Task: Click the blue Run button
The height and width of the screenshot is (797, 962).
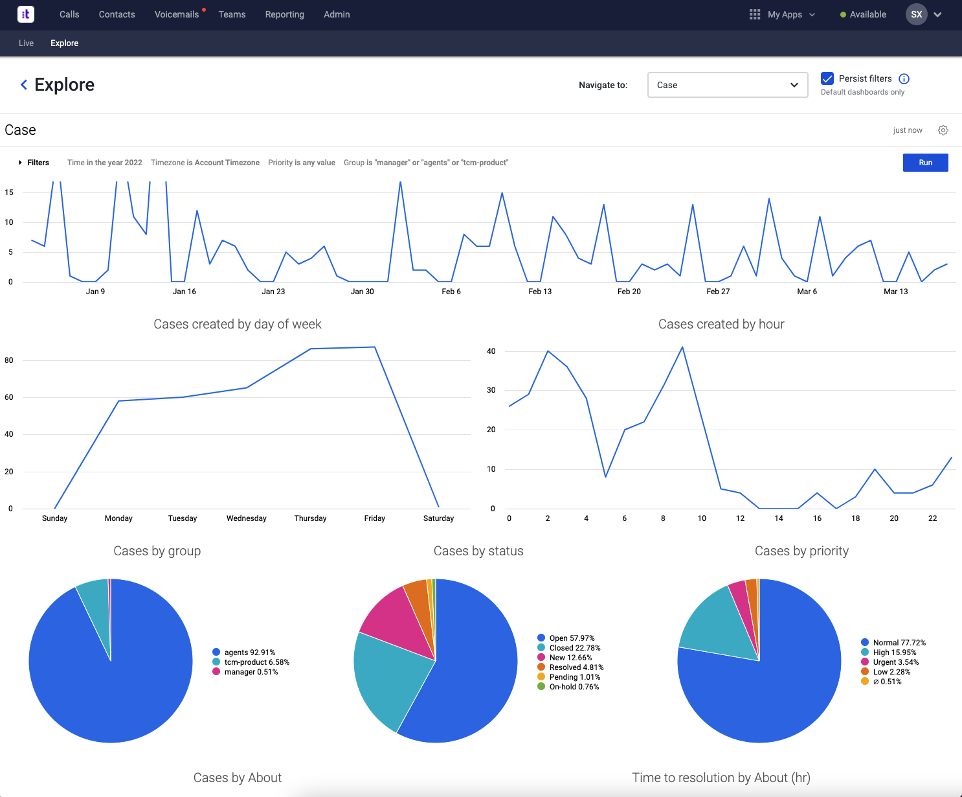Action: [925, 163]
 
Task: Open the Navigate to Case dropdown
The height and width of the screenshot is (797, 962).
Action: [727, 85]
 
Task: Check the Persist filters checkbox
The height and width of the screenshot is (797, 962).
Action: [827, 78]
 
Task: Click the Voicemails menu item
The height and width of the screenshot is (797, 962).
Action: [177, 14]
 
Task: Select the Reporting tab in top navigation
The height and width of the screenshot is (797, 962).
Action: [284, 14]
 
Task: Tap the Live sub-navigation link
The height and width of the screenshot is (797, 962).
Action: [26, 43]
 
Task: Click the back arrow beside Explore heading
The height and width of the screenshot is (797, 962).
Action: [24, 85]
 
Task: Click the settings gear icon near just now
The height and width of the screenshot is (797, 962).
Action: [943, 130]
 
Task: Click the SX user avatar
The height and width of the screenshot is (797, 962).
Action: [916, 14]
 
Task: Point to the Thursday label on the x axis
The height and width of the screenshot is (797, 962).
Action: [310, 518]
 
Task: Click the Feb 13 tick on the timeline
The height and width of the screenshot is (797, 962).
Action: [540, 292]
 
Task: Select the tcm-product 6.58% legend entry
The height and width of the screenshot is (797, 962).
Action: [256, 662]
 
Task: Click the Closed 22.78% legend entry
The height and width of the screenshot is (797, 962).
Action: [574, 648]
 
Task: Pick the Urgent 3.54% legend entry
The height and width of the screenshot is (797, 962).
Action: [895, 662]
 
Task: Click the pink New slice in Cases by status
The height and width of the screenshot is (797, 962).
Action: [395, 616]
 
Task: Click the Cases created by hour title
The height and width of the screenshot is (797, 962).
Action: [721, 324]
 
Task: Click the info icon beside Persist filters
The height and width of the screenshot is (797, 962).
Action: [904, 78]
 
